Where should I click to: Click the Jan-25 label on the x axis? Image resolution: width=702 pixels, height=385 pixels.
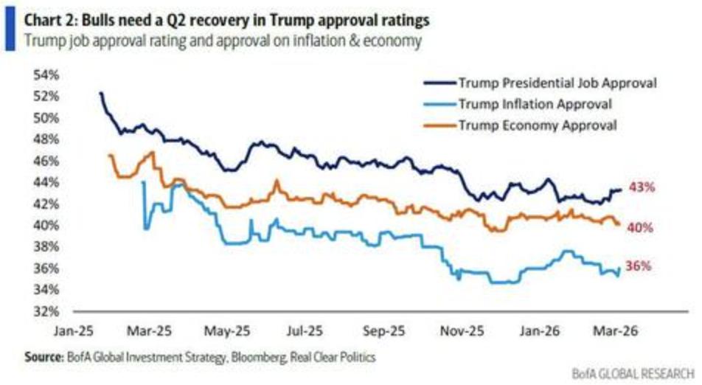point(73,330)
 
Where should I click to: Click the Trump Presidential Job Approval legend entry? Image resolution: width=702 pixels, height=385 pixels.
point(557,83)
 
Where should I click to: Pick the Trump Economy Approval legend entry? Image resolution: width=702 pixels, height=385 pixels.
point(537,125)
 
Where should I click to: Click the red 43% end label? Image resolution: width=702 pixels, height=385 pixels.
point(642,187)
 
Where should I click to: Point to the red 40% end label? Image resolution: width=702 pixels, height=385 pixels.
point(640,228)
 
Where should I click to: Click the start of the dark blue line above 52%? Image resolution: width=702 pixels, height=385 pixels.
point(100,93)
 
